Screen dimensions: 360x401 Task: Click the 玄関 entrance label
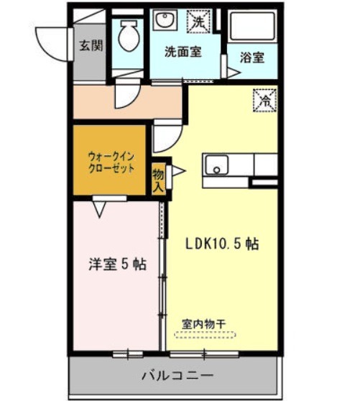91,46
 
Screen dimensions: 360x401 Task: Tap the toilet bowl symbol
129,35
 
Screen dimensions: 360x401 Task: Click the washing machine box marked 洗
198,22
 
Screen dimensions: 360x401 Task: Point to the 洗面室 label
183,52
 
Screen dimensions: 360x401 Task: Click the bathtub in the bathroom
252,27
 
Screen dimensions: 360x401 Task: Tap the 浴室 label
251,57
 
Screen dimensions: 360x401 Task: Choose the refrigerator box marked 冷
265,101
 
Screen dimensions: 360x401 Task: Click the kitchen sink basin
217,165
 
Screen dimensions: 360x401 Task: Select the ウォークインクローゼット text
111,162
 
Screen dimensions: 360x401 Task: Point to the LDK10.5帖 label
221,244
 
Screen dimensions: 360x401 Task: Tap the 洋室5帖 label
118,264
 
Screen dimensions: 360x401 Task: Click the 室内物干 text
204,324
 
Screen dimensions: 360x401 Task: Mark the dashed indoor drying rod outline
205,335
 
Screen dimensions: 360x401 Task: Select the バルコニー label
177,376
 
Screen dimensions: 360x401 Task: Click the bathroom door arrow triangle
234,73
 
